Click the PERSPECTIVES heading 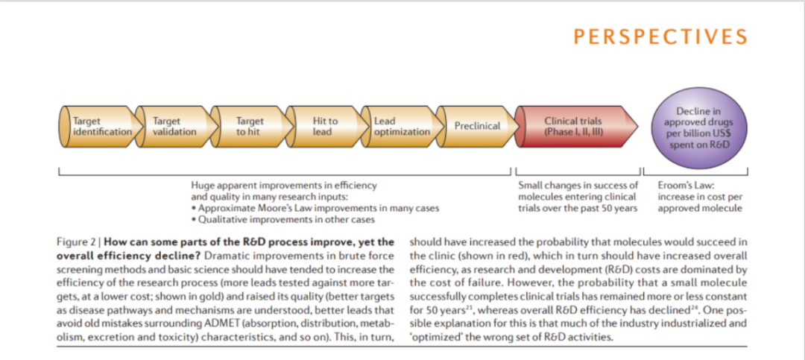point(660,37)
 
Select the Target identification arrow point(99,126)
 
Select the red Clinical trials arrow point(575,126)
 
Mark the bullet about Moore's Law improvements point(315,209)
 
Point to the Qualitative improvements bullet point(282,220)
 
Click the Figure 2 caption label point(79,242)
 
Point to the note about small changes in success point(578,197)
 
